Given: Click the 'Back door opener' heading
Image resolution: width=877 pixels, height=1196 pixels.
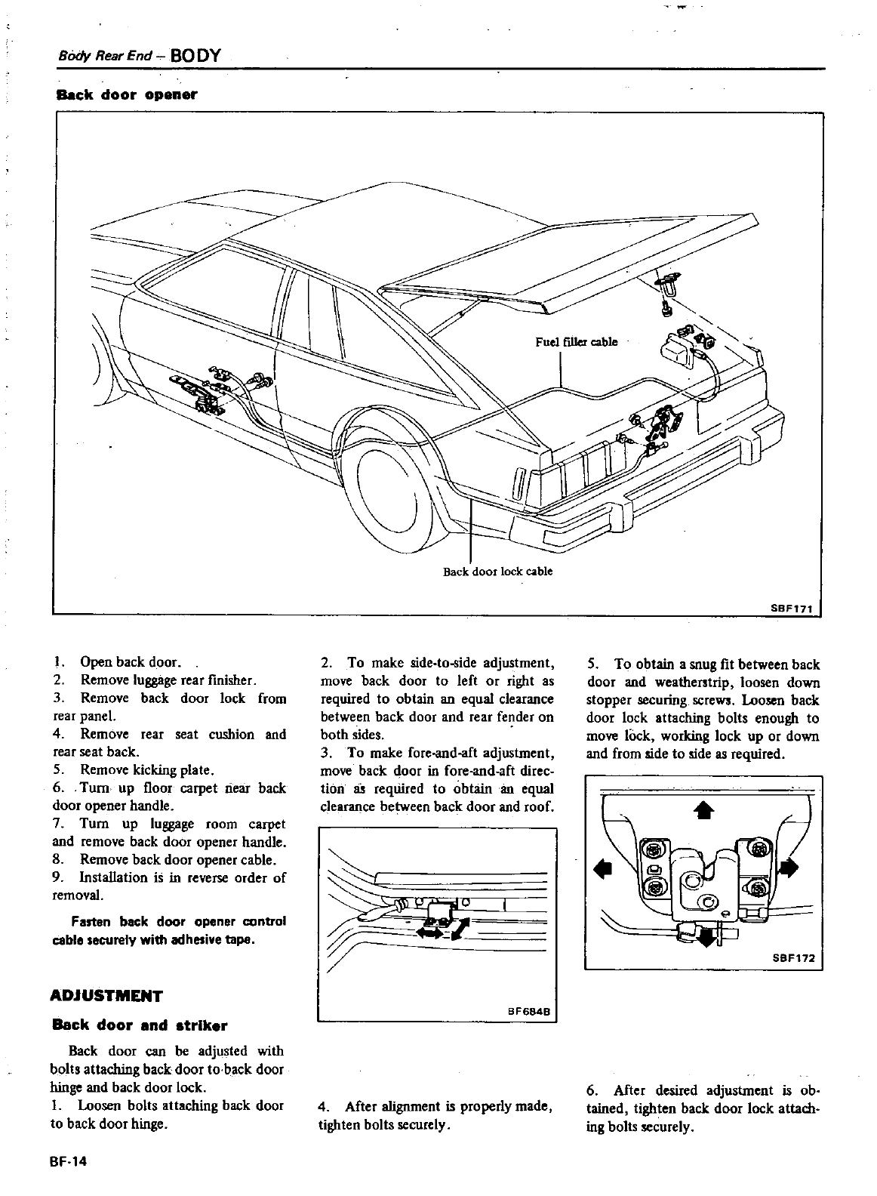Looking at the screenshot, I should (x=127, y=95).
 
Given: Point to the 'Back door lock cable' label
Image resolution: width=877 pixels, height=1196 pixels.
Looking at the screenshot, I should (x=497, y=572).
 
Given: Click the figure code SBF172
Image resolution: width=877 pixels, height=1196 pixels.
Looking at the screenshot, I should (x=794, y=957).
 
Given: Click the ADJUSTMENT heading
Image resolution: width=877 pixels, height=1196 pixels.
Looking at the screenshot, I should (x=106, y=995).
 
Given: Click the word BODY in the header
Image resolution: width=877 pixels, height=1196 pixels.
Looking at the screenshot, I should (x=195, y=56).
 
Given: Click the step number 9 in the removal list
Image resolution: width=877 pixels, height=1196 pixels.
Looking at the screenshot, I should (x=57, y=877).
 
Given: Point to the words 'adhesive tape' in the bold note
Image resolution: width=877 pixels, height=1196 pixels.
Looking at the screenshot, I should (x=219, y=941).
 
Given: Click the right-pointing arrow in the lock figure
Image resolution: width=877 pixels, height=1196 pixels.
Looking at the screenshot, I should (x=789, y=868).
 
